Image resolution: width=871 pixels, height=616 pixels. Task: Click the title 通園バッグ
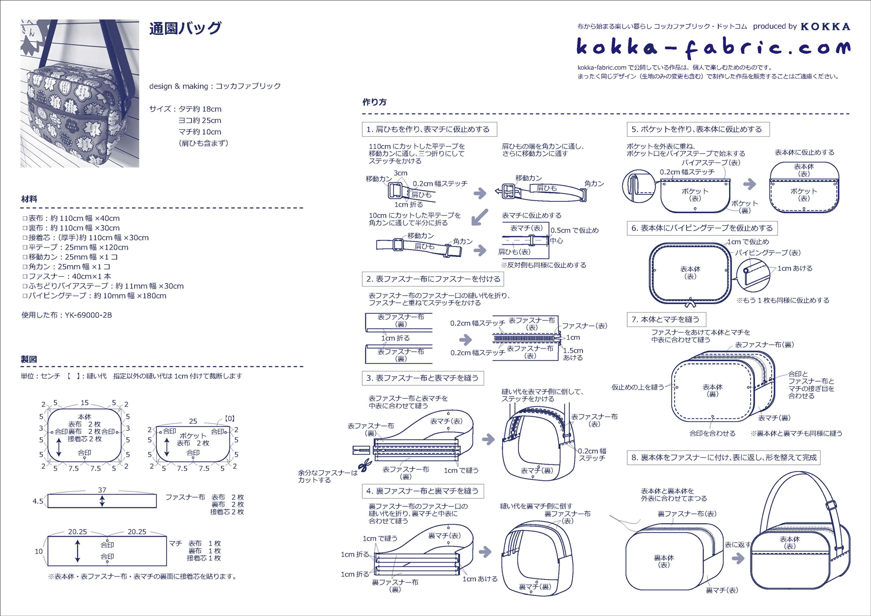coord(185,28)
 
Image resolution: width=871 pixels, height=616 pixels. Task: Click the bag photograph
coord(80,93)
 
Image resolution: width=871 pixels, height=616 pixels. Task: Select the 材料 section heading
coord(29,199)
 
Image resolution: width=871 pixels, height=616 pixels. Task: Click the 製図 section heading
coord(29,359)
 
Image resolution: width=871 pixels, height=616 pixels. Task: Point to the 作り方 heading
coord(375,102)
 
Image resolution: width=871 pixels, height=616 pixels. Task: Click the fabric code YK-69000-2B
coord(88,315)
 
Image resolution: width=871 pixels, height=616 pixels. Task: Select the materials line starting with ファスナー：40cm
coord(67,276)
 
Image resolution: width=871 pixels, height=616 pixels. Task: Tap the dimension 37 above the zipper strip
coord(102,490)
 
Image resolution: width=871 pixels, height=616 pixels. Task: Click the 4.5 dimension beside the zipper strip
coord(38,501)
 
